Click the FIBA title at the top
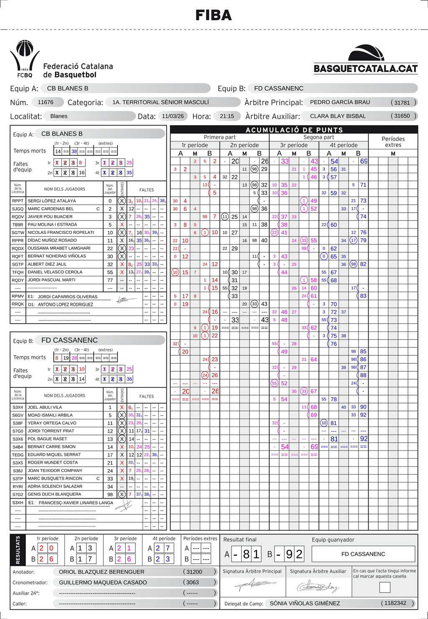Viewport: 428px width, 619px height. pyautogui.click(x=214, y=15)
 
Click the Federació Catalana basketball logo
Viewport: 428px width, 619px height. pyautogui.click(x=25, y=59)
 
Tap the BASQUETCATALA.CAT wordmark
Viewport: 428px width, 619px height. pyautogui.click(x=366, y=69)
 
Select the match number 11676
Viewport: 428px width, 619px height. pyautogui.click(x=46, y=102)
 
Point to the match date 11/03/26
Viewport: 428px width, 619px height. pyautogui.click(x=173, y=116)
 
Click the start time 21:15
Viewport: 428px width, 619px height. pyautogui.click(x=227, y=116)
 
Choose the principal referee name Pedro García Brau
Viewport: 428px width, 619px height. pyautogui.click(x=340, y=102)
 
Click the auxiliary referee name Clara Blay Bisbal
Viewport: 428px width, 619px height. pyautogui.click(x=338, y=116)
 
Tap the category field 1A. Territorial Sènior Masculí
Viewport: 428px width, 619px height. pyautogui.click(x=160, y=102)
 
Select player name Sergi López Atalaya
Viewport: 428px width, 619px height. pyautogui.click(x=52, y=201)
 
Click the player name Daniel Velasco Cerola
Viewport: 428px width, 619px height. pyautogui.click(x=55, y=272)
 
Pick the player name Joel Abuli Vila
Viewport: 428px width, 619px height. pyautogui.click(x=45, y=407)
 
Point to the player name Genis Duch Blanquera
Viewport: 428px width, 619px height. pyautogui.click(x=54, y=494)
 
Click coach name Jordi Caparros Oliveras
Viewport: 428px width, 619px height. pyautogui.click(x=68, y=297)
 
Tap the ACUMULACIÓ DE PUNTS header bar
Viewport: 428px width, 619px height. pyautogui.click(x=294, y=130)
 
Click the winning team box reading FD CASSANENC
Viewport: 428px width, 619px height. pyautogui.click(x=363, y=554)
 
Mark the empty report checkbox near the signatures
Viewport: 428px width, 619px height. pyautogui.click(x=385, y=587)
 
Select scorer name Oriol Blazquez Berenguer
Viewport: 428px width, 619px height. pyautogui.click(x=102, y=572)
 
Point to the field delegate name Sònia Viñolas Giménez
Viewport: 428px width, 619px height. pyautogui.click(x=305, y=604)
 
